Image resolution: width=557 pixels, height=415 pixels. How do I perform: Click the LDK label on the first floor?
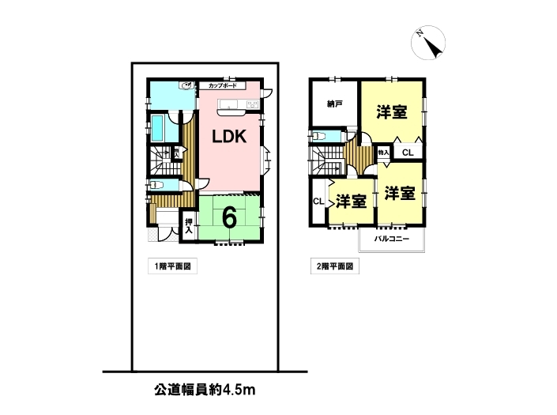[229, 136]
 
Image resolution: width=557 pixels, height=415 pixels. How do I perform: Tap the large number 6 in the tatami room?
[229, 217]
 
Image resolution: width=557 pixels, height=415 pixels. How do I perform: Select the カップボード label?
[222, 85]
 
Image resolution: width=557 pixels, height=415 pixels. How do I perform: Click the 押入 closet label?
[189, 226]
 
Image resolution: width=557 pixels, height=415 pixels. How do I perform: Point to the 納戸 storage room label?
[335, 104]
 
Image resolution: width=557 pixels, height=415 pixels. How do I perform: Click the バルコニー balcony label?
[391, 239]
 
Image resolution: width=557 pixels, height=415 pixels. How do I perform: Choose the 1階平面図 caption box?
[173, 266]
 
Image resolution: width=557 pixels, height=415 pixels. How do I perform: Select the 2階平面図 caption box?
[335, 266]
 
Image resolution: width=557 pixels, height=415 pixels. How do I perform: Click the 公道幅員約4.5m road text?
[205, 390]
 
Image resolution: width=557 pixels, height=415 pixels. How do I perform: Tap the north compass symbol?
[428, 43]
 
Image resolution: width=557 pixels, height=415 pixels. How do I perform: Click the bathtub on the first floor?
[156, 128]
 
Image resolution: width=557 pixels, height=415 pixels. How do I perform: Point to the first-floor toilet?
[156, 185]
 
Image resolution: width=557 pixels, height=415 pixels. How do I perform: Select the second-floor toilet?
[318, 136]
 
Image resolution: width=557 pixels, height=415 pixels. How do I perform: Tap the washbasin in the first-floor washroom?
[186, 85]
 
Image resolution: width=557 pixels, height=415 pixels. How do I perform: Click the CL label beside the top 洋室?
[408, 153]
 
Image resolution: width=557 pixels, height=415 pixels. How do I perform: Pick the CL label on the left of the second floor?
[318, 201]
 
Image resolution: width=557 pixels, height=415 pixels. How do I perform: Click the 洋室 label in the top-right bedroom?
[392, 112]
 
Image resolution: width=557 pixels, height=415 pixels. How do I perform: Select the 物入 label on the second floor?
[384, 153]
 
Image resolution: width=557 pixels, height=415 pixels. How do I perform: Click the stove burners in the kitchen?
[253, 104]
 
